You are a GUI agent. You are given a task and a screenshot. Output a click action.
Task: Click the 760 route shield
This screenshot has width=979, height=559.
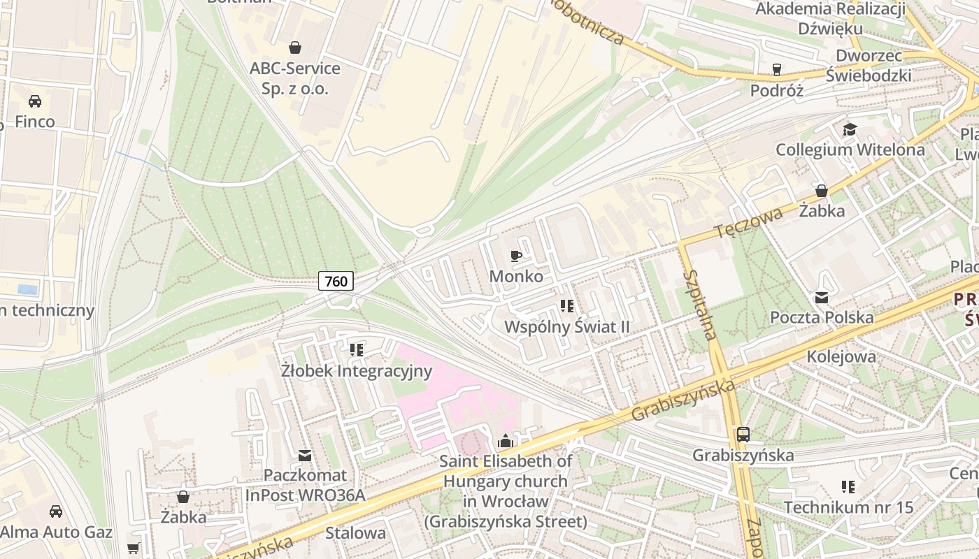click(336, 281)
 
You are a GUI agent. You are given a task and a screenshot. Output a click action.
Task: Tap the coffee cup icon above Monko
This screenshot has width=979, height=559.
click(516, 256)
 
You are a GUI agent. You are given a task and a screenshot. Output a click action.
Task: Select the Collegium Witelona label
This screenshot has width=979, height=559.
click(850, 150)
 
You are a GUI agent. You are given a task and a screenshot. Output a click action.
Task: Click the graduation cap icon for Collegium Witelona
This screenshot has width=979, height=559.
click(850, 129)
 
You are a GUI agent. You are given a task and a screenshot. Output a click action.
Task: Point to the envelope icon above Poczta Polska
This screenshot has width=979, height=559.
click(822, 298)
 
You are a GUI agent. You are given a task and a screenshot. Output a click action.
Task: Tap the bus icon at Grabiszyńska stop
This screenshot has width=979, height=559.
click(743, 435)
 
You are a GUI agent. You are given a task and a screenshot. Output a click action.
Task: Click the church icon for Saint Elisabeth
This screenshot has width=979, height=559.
click(505, 441)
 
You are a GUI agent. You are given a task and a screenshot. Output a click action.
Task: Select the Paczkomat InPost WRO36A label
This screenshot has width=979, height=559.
click(305, 485)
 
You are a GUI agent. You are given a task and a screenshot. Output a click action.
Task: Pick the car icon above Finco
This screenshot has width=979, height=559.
click(35, 101)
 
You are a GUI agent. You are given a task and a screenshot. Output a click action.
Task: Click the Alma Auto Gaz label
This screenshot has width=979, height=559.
click(56, 532)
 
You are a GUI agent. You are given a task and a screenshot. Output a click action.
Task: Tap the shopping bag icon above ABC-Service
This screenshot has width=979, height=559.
click(295, 48)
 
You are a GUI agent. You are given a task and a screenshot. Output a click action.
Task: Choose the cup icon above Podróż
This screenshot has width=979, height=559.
click(776, 69)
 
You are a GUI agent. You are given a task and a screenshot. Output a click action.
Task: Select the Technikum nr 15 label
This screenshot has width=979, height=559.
click(848, 507)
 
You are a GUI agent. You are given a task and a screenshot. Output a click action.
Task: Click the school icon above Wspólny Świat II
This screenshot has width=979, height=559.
click(567, 306)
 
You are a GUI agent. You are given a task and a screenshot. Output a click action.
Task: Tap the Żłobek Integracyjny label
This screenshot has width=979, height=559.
click(357, 370)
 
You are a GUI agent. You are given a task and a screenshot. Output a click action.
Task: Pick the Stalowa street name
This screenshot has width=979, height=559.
click(355, 533)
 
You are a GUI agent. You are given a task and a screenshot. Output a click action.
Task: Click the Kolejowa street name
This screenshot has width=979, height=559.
click(841, 356)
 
